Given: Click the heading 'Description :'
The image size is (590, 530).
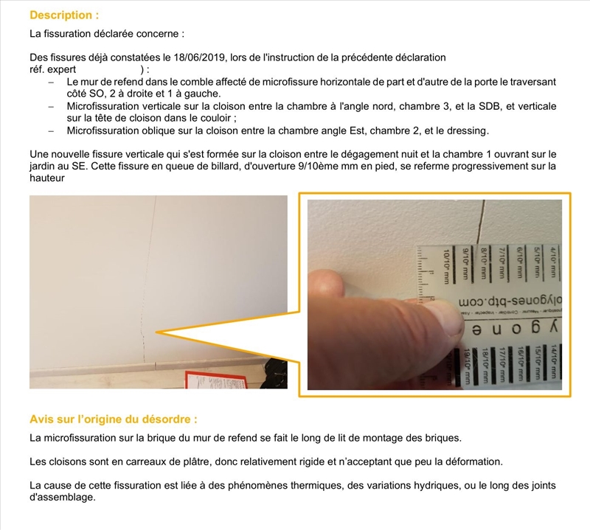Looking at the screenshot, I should (x=64, y=15).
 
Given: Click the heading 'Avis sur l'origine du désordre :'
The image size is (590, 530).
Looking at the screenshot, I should (x=114, y=419).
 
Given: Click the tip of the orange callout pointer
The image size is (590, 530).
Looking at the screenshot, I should (x=154, y=334).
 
